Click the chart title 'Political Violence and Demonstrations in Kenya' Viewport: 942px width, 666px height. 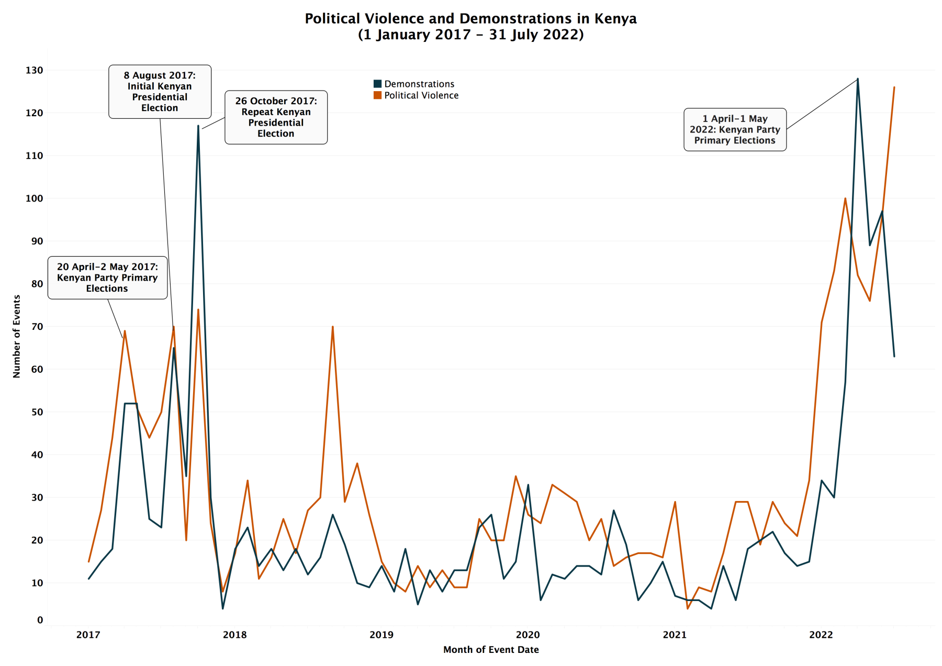470,19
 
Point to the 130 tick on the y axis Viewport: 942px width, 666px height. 34,70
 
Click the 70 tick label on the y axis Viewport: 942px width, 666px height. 37,327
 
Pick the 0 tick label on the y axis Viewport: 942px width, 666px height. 40,620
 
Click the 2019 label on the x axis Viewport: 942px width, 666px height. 381,635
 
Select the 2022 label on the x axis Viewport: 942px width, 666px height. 821,635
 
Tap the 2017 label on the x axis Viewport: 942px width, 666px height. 88,635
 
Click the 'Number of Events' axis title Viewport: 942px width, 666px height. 17,336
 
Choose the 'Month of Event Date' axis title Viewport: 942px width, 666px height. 491,650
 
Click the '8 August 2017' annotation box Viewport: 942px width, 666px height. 160,92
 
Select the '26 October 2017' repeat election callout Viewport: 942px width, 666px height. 276,117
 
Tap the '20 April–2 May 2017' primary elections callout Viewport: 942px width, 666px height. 107,277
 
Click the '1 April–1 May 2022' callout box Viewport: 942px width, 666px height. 735,129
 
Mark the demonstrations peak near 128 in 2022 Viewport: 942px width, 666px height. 857,79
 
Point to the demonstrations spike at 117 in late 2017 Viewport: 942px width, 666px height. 198,126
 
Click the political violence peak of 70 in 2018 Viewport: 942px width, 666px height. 332,327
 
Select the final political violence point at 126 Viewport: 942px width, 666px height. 894,87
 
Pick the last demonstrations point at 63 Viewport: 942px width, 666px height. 894,357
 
